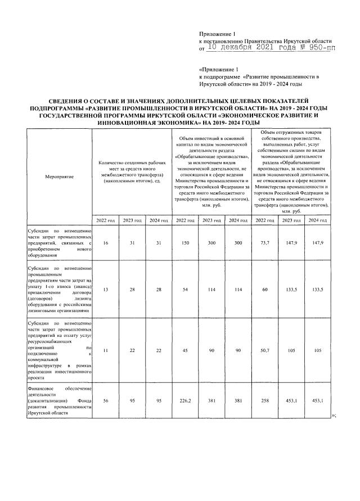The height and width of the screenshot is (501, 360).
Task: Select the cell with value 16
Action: (x=106, y=243)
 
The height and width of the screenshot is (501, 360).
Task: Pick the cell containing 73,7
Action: (x=265, y=243)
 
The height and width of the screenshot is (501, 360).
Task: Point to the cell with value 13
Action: (x=106, y=288)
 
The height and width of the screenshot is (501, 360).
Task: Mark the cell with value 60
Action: (x=265, y=288)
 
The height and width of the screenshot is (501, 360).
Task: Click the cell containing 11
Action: (x=106, y=350)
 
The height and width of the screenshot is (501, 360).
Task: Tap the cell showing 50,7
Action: (x=265, y=350)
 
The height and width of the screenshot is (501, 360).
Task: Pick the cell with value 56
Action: (x=106, y=401)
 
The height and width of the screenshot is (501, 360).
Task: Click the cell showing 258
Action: (x=265, y=401)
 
